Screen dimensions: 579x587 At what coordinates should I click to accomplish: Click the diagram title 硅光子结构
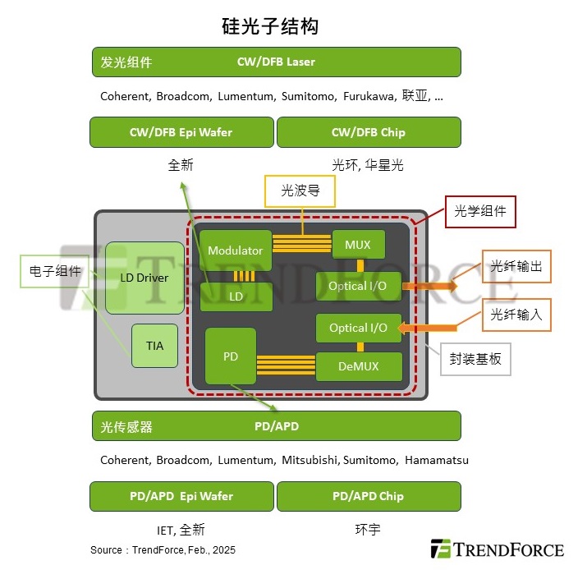[270, 26]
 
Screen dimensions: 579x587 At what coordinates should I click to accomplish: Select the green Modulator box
[236, 250]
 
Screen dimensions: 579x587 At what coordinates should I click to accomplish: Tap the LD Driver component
[144, 278]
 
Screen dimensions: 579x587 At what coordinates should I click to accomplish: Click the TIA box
[154, 346]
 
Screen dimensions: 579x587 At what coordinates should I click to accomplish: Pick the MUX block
[358, 245]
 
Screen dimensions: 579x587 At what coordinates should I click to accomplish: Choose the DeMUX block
[359, 366]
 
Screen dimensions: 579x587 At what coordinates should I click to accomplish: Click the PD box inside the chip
[231, 356]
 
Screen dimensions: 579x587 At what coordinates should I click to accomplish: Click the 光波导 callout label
[300, 191]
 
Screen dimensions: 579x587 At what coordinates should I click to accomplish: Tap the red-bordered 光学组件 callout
[480, 212]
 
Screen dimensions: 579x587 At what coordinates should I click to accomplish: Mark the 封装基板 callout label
[475, 359]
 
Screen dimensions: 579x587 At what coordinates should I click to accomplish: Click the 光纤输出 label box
[516, 267]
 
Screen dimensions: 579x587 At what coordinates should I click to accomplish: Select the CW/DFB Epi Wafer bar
[181, 132]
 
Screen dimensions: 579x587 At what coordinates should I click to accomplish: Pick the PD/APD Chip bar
[368, 496]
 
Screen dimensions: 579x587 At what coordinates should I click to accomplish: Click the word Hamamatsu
[437, 460]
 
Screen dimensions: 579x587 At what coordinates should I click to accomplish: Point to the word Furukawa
[369, 96]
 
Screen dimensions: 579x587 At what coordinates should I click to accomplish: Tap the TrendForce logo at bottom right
[498, 549]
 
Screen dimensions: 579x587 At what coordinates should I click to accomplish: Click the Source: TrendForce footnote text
[163, 550]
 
